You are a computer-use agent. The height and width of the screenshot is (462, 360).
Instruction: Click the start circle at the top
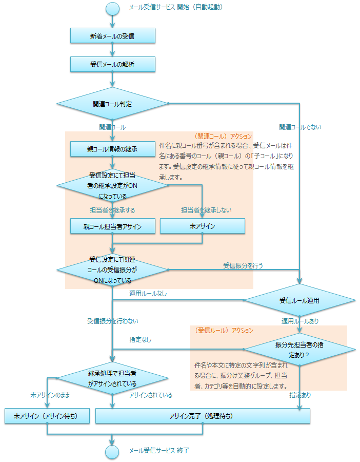[x=112, y=8]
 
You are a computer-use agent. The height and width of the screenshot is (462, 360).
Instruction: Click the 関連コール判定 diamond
[x=112, y=104]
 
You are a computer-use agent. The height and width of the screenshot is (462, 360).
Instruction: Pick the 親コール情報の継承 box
[x=112, y=149]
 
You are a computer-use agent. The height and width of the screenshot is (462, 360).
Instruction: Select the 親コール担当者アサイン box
[x=112, y=226]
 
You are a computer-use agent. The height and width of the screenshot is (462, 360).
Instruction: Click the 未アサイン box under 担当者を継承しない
[x=202, y=226]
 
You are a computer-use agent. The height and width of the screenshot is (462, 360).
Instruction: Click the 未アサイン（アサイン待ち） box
[x=47, y=416]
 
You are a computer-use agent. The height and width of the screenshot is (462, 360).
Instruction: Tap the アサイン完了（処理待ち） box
[x=203, y=416]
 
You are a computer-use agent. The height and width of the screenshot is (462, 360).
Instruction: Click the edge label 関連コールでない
[x=300, y=127]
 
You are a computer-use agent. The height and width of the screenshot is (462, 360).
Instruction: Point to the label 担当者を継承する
[x=112, y=210]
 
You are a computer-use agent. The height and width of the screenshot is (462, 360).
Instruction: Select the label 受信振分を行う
[x=243, y=265]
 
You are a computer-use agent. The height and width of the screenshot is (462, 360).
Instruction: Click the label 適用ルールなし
[x=148, y=294]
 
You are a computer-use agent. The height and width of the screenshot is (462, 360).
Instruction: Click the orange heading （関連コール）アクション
[x=224, y=137]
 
